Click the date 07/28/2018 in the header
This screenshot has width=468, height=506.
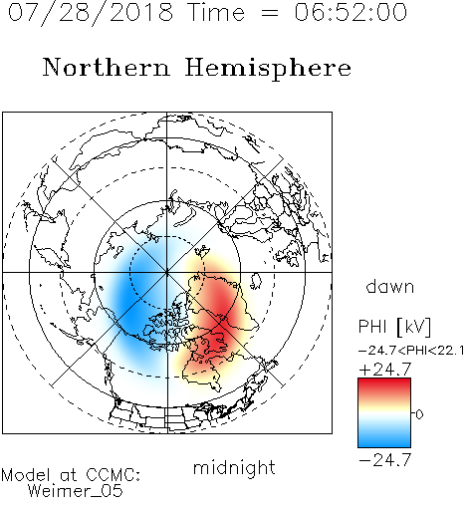tap(91, 13)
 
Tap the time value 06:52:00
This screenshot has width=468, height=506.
tap(351, 12)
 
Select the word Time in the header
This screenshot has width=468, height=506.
tap(216, 12)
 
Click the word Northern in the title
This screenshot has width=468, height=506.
tap(107, 67)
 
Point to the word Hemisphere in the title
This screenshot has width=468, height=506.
tap(268, 69)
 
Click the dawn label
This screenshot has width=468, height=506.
tap(390, 286)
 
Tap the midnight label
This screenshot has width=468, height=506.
tap(234, 468)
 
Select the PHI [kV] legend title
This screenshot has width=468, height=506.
tap(394, 327)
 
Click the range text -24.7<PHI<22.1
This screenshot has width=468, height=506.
tap(411, 351)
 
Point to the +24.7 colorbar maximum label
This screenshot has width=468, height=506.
tap(385, 370)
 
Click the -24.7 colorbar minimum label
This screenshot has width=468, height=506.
tap(385, 460)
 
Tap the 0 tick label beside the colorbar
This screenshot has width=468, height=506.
tap(419, 414)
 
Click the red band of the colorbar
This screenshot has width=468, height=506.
tap(384, 386)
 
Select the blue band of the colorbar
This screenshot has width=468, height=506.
tap(384, 438)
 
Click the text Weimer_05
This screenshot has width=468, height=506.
tap(76, 491)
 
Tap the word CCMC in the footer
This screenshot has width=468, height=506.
tap(113, 475)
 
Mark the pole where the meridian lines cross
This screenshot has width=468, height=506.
tap(167, 272)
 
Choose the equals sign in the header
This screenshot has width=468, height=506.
tap(270, 13)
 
